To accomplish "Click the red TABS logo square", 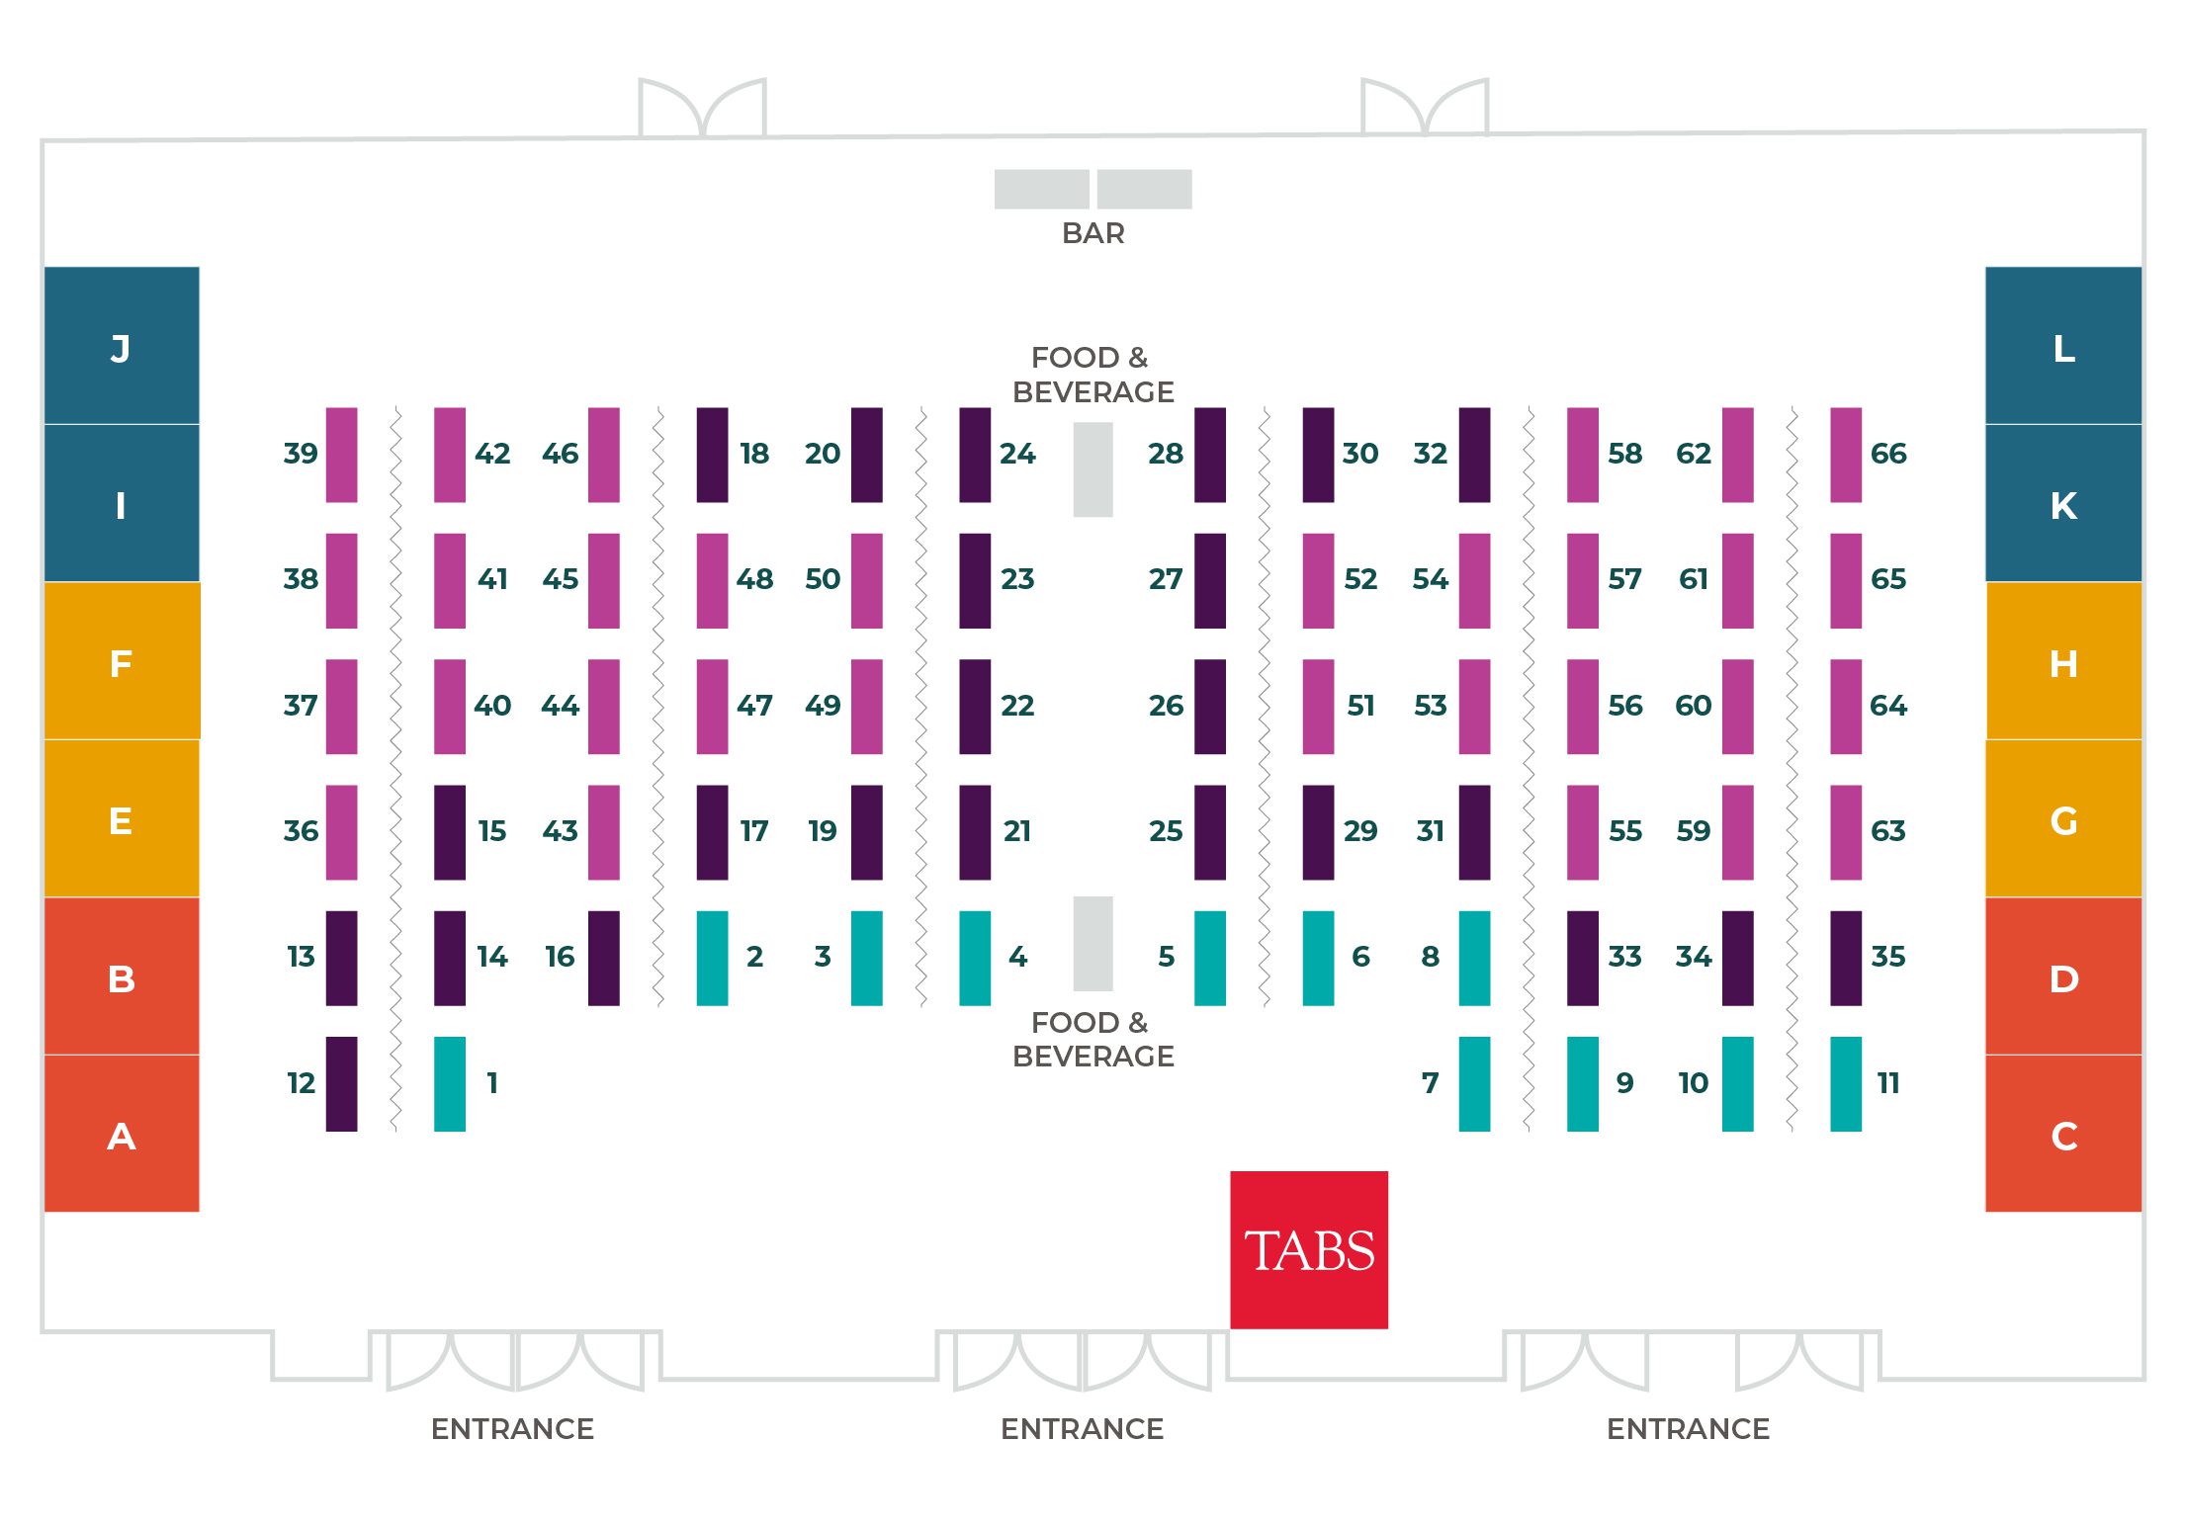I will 1308,1249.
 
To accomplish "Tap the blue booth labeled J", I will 122,345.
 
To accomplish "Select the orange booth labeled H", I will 2063,661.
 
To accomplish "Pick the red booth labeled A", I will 122,1134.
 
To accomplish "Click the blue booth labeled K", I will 2063,503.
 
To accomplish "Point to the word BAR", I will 1093,233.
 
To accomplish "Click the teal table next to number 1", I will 450,1083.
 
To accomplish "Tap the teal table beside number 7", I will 1474,1083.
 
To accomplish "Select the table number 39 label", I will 301,454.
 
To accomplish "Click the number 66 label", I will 1887,454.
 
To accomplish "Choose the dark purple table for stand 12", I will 341,1083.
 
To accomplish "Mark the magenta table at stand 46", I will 604,455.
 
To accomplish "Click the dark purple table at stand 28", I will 1210,455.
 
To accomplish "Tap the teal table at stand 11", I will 1846,1083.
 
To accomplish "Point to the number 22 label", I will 1017,706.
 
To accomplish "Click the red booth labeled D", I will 2063,976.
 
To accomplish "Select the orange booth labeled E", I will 122,819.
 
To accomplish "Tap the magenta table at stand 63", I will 1846,832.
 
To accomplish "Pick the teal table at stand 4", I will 975,958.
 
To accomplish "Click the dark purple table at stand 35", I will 1846,958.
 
